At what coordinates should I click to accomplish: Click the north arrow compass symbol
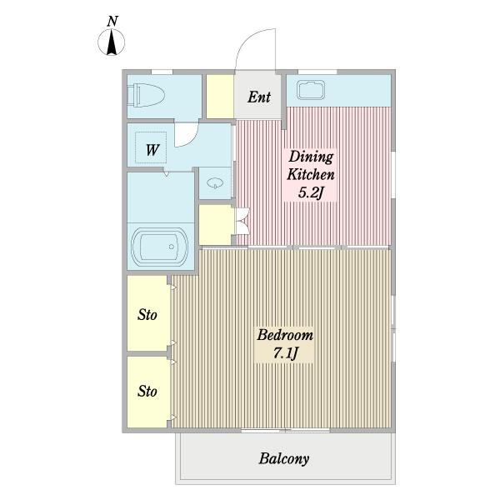[112, 42]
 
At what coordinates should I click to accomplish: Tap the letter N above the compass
[112, 21]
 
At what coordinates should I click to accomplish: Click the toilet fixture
[146, 95]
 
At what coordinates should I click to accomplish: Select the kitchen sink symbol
[311, 90]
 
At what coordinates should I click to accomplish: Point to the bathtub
[159, 247]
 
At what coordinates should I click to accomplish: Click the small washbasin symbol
[215, 183]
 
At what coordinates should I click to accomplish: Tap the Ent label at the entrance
[259, 97]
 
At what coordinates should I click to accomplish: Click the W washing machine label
[152, 149]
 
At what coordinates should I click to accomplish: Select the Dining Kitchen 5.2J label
[311, 175]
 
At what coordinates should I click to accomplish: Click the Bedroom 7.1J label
[285, 343]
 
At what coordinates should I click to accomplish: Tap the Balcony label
[284, 459]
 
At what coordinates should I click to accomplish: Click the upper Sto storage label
[147, 315]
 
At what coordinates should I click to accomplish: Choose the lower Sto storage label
[147, 392]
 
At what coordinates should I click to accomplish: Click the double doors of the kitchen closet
[242, 221]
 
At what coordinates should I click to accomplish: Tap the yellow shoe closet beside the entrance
[220, 97]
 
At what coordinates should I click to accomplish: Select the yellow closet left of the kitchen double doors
[216, 224]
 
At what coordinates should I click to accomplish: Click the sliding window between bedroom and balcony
[285, 431]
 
